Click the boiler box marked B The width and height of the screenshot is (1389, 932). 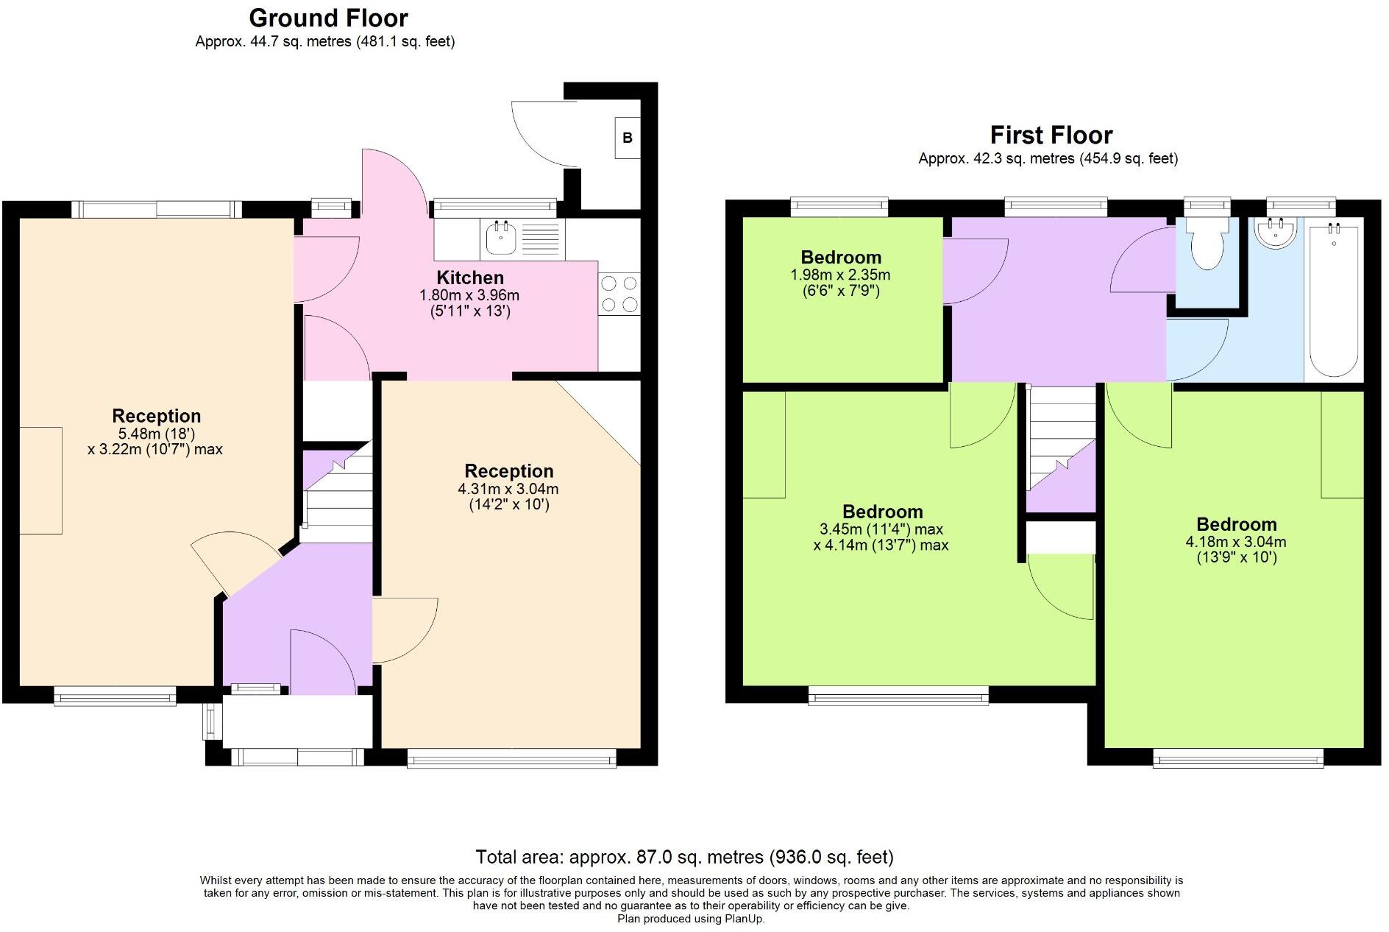pyautogui.click(x=627, y=138)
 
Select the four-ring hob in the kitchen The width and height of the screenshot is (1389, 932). pyautogui.click(x=619, y=294)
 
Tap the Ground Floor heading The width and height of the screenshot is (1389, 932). pyautogui.click(x=328, y=18)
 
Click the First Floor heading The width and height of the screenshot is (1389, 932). pyautogui.click(x=1051, y=135)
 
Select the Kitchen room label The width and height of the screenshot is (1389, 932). pyautogui.click(x=470, y=278)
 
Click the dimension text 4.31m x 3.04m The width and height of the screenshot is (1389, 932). pyautogui.click(x=508, y=489)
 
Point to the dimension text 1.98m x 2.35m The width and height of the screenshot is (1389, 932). pyautogui.click(x=840, y=275)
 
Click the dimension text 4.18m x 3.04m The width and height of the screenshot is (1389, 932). pyautogui.click(x=1235, y=542)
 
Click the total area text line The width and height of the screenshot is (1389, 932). pyautogui.click(x=684, y=857)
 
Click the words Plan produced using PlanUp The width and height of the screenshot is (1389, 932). pyautogui.click(x=690, y=919)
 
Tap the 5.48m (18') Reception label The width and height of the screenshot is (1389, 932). pyautogui.click(x=156, y=416)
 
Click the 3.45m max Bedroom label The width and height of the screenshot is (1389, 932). pyautogui.click(x=882, y=512)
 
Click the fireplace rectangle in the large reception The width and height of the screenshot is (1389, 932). pyautogui.click(x=40, y=480)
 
